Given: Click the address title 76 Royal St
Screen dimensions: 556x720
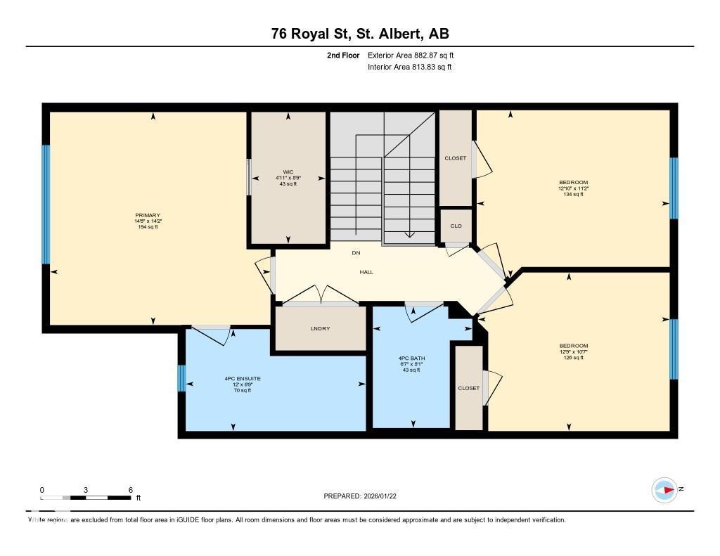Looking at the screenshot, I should pyautogui.click(x=360, y=34).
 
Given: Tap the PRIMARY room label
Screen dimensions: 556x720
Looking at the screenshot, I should pyautogui.click(x=148, y=216).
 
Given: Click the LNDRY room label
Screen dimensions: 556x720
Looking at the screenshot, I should pyautogui.click(x=320, y=329).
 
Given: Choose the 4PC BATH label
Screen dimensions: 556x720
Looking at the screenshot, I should pyautogui.click(x=411, y=358).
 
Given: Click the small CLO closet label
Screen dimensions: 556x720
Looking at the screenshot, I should pyautogui.click(x=456, y=226).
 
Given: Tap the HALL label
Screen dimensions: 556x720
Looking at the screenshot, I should pyautogui.click(x=366, y=271).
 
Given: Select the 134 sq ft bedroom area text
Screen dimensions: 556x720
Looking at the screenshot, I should pyautogui.click(x=574, y=195).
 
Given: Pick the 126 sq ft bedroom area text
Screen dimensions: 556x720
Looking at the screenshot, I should pyautogui.click(x=574, y=358).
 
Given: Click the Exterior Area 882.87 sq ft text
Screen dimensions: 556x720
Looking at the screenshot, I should pyautogui.click(x=416, y=55).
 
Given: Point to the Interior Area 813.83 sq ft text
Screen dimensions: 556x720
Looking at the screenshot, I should pyautogui.click(x=409, y=67).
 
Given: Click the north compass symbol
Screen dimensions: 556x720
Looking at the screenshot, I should pyautogui.click(x=664, y=489).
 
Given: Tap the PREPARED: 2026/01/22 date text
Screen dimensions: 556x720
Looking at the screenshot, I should pyautogui.click(x=364, y=496).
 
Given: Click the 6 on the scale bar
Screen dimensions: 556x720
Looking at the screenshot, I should pyautogui.click(x=131, y=490).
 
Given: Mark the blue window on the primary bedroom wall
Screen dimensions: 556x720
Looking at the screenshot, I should pyautogui.click(x=46, y=204).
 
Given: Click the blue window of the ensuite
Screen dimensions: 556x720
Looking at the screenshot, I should pyautogui.click(x=181, y=378).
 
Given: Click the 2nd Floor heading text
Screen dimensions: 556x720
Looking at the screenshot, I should pyautogui.click(x=343, y=55).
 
